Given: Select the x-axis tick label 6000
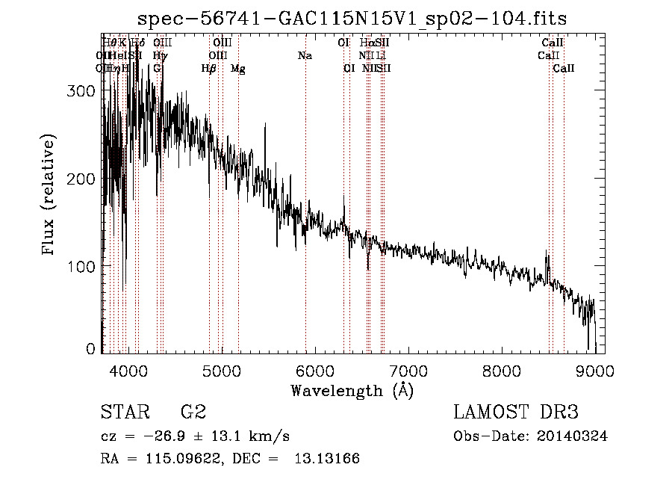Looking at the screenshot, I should pos(315,370).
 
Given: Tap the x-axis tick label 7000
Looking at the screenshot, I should pos(408,370).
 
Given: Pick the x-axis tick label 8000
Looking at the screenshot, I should pos(502,370).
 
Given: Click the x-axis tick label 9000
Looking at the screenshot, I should pos(595,370).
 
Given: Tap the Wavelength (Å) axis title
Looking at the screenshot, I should pos(352,390).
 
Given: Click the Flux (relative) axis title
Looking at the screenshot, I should pos(49,196).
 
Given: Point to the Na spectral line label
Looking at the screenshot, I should pos(305,56).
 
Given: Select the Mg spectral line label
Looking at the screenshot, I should pos(237,69).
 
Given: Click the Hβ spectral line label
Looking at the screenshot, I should pos(209,69).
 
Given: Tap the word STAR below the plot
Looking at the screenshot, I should pos(122,413).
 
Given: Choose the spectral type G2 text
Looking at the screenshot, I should pos(193,413).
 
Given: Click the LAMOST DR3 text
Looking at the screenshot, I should pos(516,413).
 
